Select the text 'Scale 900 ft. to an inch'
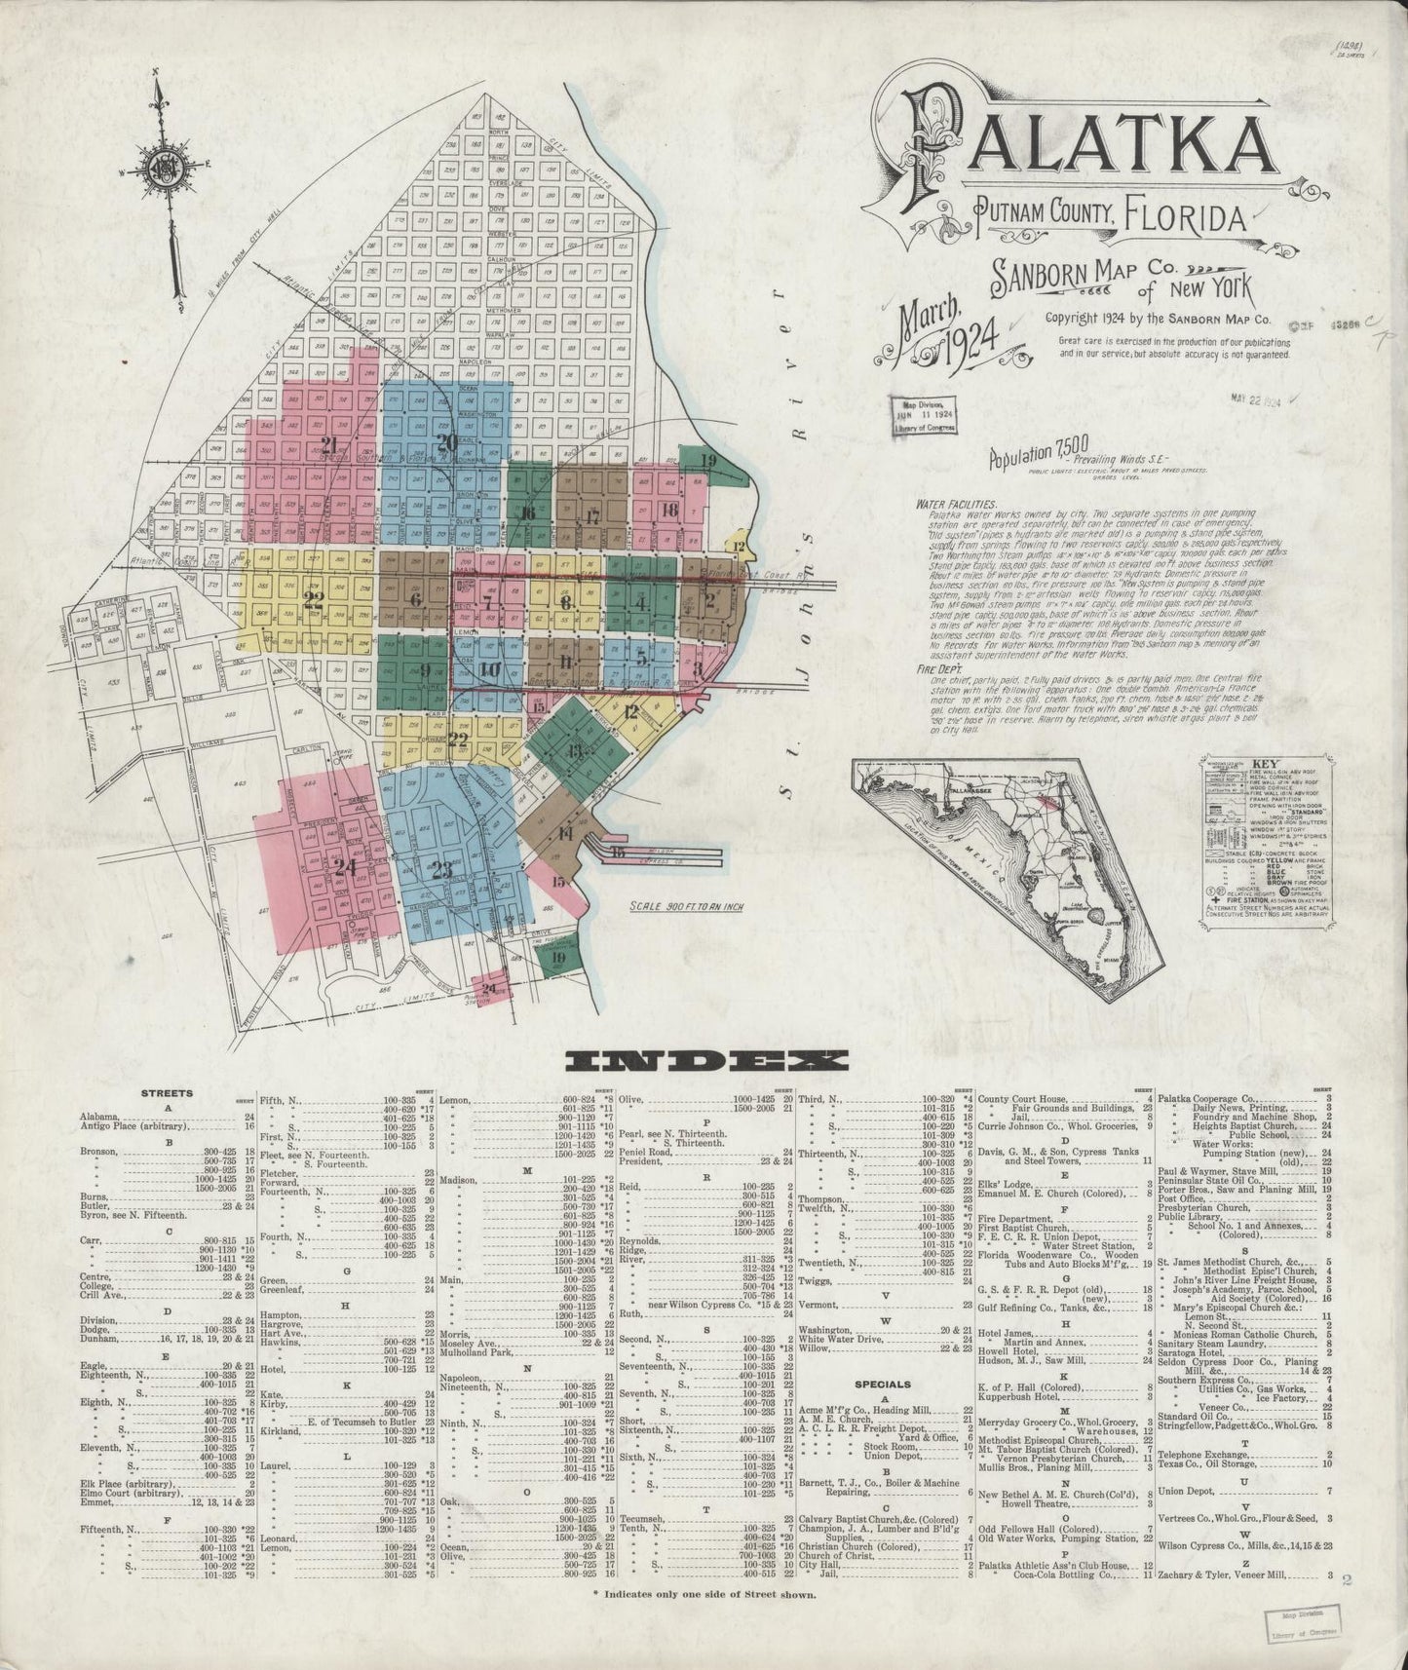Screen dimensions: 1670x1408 [686, 906]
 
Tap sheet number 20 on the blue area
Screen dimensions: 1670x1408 [446, 442]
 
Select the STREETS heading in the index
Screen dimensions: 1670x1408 [167, 1093]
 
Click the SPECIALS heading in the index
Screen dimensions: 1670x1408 [882, 1384]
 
